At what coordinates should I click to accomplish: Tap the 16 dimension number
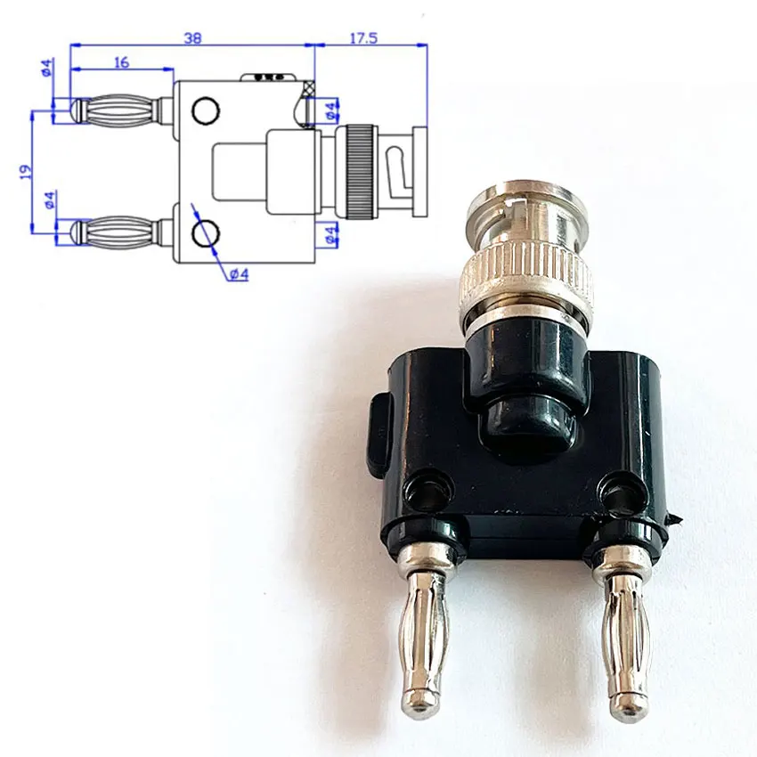click(x=121, y=62)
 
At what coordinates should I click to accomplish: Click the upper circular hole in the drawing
click(x=206, y=110)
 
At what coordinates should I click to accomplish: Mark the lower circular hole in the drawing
click(x=206, y=233)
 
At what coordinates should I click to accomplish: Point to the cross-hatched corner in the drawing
click(x=308, y=90)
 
